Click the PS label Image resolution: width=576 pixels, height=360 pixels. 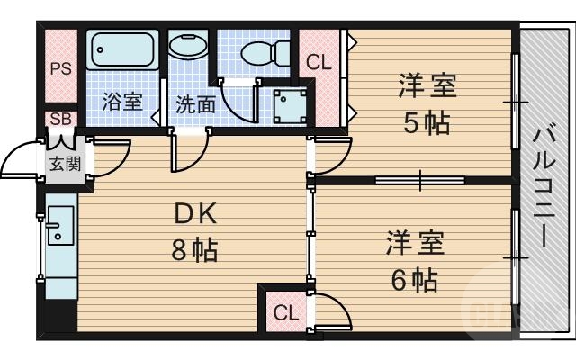point(61,68)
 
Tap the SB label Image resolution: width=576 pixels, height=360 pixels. point(61,119)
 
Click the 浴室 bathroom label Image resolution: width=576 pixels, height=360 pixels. point(122,101)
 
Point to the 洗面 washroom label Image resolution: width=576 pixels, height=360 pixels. point(194,103)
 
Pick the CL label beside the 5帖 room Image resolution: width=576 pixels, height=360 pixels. point(319,63)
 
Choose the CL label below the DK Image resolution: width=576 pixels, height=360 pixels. point(284,313)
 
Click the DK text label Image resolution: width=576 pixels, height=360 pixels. point(195,214)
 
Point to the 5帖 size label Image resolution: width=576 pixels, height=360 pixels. point(427,123)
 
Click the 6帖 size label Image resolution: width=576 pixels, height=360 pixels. point(414,279)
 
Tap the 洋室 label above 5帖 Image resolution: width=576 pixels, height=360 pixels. point(427,87)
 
